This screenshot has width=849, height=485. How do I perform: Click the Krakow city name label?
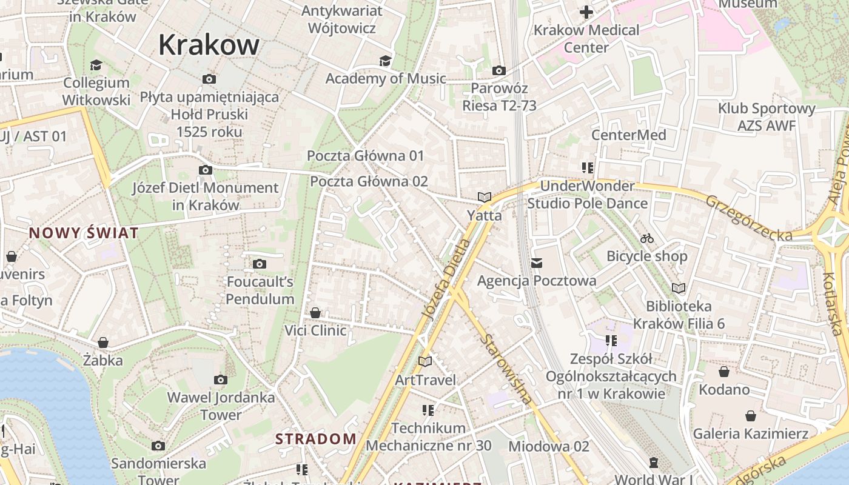[x=209, y=45]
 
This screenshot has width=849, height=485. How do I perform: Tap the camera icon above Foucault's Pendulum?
[x=260, y=264]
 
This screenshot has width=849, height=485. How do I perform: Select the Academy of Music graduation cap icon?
[x=385, y=61]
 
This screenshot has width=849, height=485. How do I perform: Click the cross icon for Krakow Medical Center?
[x=586, y=12]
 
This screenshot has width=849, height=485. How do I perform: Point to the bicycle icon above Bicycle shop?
[x=647, y=238]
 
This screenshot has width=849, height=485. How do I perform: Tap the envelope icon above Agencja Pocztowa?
[x=537, y=263]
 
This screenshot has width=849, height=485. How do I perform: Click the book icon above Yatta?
[x=484, y=197]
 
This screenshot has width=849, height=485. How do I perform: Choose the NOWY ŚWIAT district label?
[x=84, y=233]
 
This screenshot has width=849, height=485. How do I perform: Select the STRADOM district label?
[x=316, y=439]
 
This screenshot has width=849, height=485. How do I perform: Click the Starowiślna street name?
[x=506, y=369]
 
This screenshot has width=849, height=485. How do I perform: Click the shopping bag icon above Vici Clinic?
[x=315, y=313]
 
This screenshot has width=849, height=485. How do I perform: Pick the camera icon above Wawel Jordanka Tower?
[x=221, y=380]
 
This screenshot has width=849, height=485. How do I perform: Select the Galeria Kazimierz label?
[x=750, y=433]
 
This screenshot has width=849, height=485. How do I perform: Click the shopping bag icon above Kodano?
[x=724, y=372]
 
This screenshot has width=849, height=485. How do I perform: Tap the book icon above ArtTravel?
[x=425, y=362]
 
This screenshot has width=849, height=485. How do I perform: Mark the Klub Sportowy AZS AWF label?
[x=767, y=117]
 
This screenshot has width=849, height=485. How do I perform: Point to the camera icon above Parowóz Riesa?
[x=499, y=71]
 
